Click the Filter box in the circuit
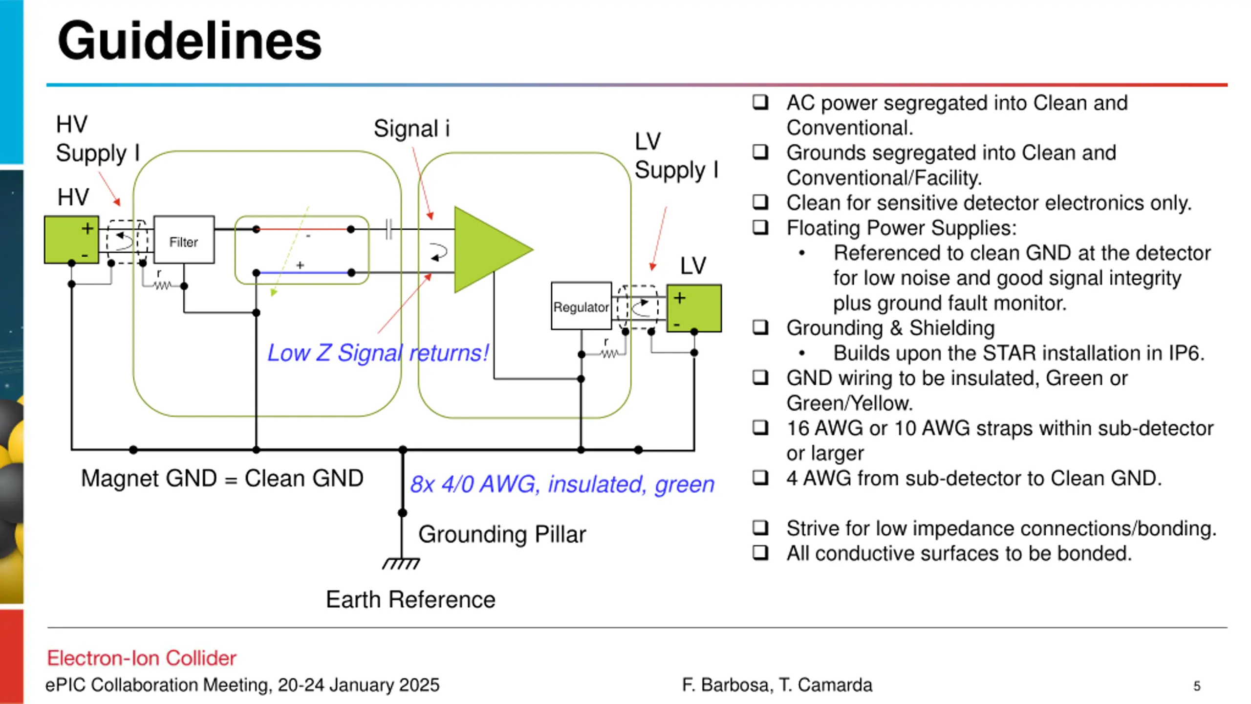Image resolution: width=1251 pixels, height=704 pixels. point(184,240)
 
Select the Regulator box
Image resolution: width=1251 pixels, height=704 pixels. point(581,306)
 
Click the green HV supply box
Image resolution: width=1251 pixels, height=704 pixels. point(71,240)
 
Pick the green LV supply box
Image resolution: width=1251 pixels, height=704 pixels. point(694,308)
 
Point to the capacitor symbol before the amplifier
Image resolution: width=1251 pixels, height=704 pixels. point(388,229)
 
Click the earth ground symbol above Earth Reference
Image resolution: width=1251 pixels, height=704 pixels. point(401,563)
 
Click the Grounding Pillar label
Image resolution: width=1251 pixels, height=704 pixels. point(502,534)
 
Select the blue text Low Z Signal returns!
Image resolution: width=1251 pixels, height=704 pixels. point(378,352)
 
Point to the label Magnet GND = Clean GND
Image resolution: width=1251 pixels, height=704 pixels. point(222,478)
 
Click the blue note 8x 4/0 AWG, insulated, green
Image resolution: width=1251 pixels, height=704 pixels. point(562,484)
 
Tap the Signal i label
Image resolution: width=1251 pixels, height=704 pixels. point(411,129)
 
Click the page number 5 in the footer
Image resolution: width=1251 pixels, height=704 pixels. point(1196,686)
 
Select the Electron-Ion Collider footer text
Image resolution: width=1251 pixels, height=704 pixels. point(142,658)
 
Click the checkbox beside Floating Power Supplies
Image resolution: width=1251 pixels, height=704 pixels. point(760,227)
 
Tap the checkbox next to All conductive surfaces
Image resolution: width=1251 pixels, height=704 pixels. point(760,552)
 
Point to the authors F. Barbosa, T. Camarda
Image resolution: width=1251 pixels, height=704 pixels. point(777,685)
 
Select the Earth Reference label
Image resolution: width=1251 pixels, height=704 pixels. point(410,599)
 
